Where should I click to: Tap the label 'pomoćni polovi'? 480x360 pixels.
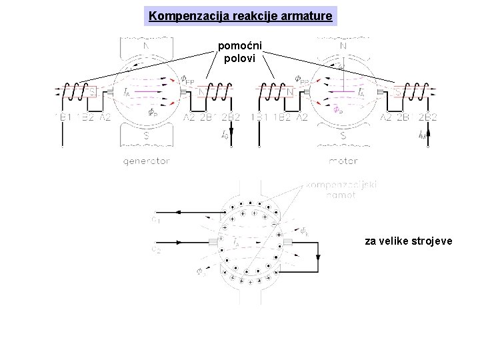[x=240, y=51]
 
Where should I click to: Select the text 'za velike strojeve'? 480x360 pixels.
[x=408, y=241]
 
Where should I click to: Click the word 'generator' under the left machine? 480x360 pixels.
[x=147, y=161]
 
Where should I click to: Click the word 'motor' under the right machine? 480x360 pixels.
[x=343, y=161]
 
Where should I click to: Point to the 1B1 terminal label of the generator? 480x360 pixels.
[x=65, y=118]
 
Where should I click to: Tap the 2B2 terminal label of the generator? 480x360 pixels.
[x=230, y=118]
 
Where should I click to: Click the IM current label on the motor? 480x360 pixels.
[x=422, y=135]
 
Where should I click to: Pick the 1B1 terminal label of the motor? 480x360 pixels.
[x=261, y=118]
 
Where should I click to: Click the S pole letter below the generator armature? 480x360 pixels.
[x=147, y=135]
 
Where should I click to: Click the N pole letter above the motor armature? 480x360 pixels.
[x=343, y=46]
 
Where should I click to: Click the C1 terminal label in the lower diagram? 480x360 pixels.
[x=156, y=217]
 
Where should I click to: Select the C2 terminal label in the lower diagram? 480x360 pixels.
[x=156, y=249]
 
